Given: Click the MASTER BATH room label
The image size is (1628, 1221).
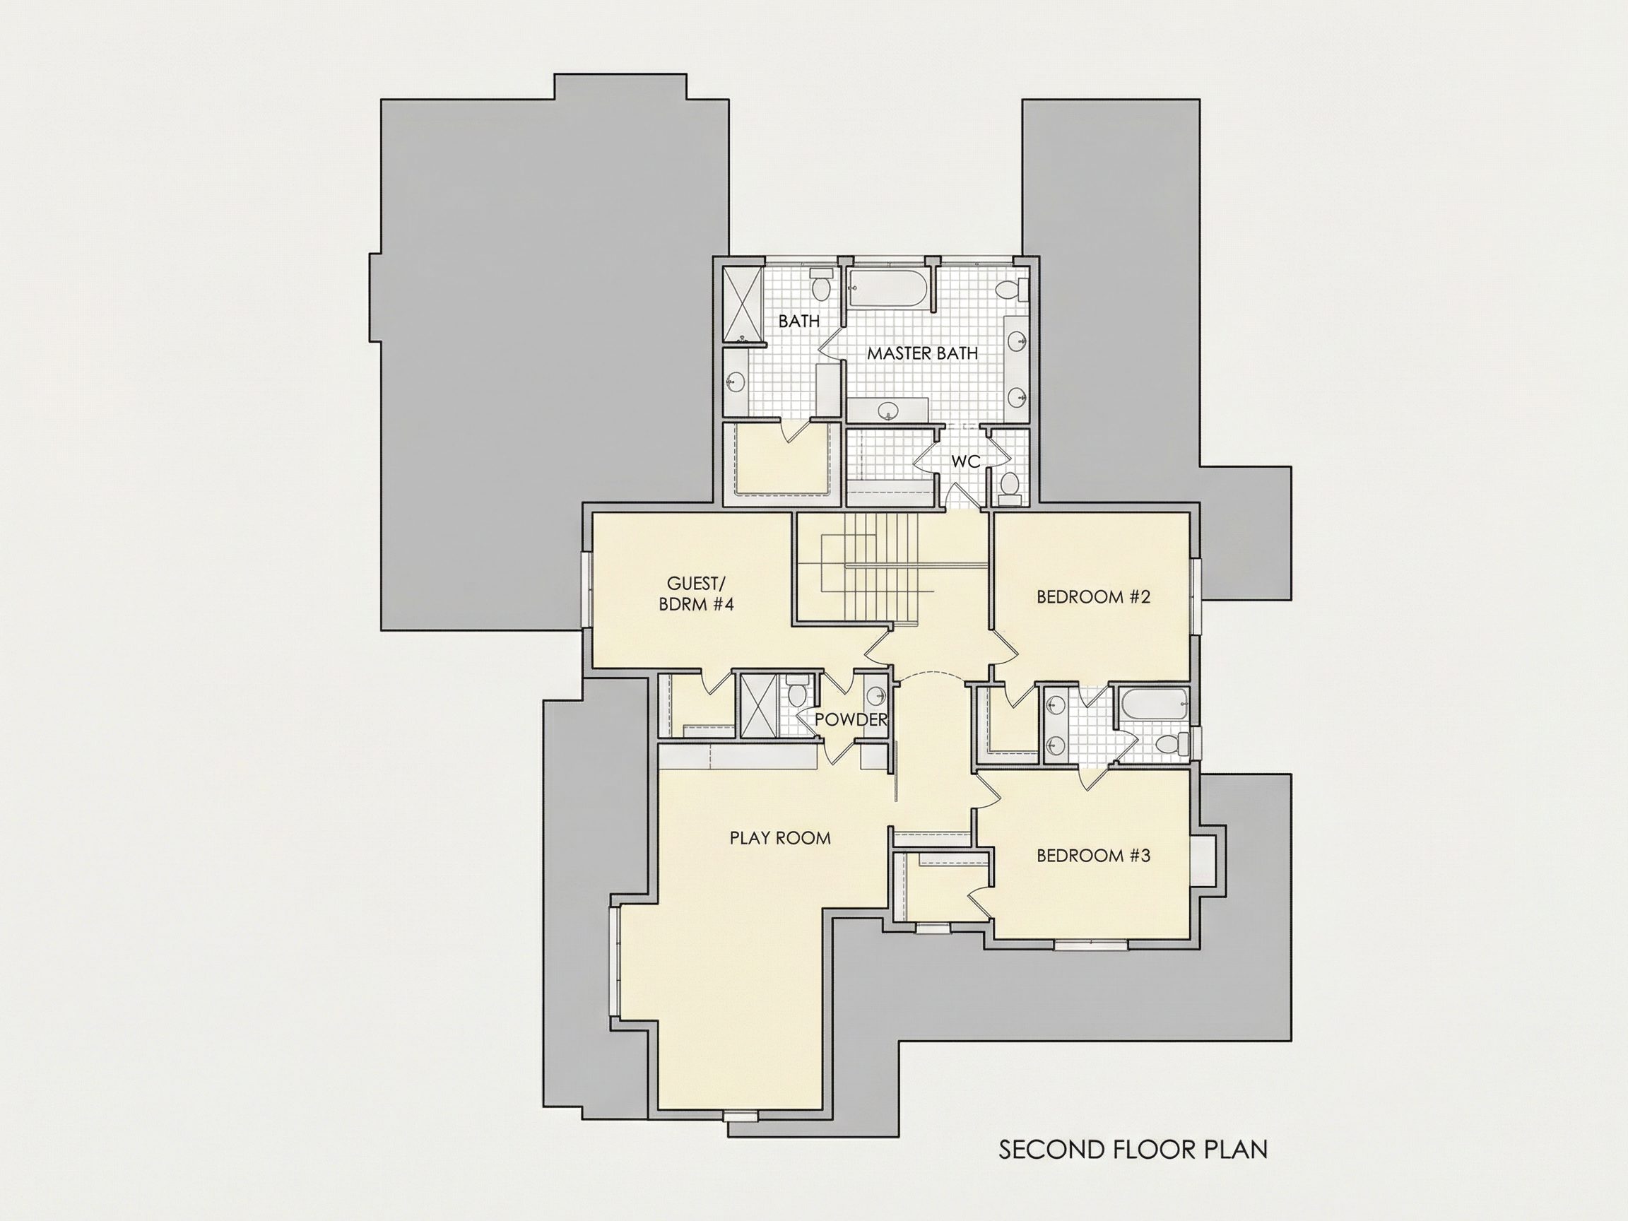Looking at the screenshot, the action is tap(922, 353).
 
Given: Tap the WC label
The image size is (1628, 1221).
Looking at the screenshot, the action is tap(966, 461).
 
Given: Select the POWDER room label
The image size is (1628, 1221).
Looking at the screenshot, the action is tap(851, 720).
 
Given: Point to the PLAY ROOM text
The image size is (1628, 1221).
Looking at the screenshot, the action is tap(780, 837).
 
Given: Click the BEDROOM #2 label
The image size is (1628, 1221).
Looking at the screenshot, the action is tap(1093, 597).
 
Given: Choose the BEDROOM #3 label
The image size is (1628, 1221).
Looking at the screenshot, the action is tap(1093, 855).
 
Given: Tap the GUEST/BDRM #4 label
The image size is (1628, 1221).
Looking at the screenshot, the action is tap(696, 594).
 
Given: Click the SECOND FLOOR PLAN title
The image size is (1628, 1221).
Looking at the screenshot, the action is tap(1133, 1150).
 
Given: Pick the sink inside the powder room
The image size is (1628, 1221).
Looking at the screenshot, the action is tap(875, 695).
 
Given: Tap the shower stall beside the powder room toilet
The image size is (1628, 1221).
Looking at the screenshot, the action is tap(757, 705).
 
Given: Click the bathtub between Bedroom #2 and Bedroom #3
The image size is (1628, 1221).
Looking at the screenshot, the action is tap(1152, 705).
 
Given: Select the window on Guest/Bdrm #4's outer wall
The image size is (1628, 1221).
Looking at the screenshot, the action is tap(587, 590).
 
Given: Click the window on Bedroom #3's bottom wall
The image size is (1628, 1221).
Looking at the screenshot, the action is tap(1091, 944).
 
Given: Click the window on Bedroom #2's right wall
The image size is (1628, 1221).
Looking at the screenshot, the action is tap(1196, 597).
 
